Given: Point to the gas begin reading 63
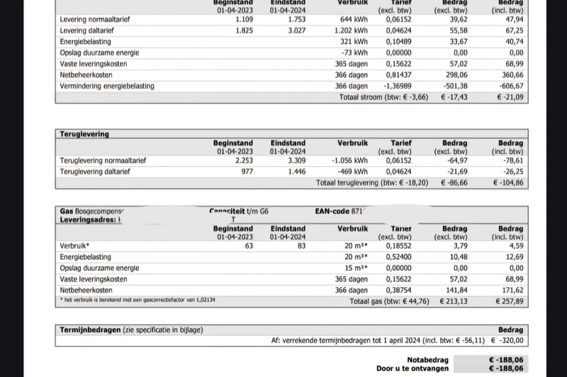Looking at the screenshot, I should (x=249, y=246).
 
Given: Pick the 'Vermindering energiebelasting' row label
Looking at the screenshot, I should (x=106, y=86).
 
